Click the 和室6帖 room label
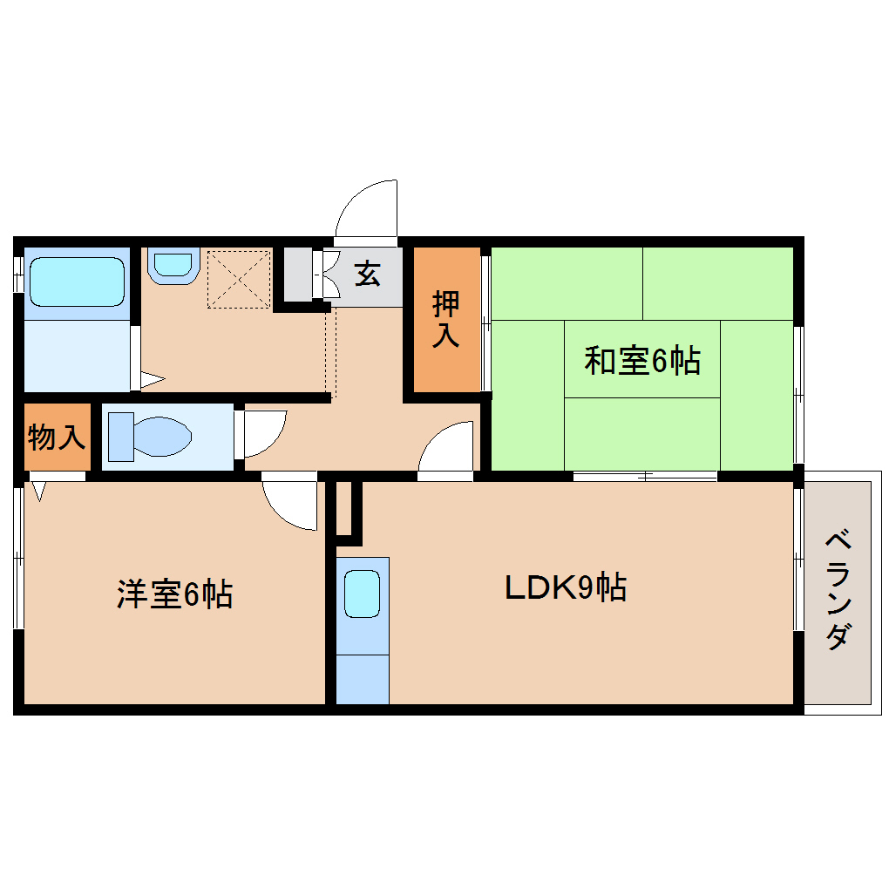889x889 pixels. pyautogui.click(x=641, y=360)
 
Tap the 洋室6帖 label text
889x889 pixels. pyautogui.click(x=174, y=594)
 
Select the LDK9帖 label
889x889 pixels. pyautogui.click(x=566, y=587)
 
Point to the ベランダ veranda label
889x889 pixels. pyautogui.click(x=838, y=590)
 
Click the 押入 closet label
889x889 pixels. pyautogui.click(x=446, y=319)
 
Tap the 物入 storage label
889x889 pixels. pyautogui.click(x=57, y=438)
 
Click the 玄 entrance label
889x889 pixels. pyautogui.click(x=367, y=274)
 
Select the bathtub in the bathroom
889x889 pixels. pyautogui.click(x=77, y=282)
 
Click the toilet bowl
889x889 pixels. pyautogui.click(x=162, y=437)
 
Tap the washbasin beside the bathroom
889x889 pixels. pyautogui.click(x=173, y=265)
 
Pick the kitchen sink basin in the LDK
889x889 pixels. pyautogui.click(x=363, y=594)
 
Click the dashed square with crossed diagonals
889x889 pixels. pyautogui.click(x=239, y=279)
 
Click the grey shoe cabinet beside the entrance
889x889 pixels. pyautogui.click(x=298, y=275)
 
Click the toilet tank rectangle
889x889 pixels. pyautogui.click(x=121, y=437)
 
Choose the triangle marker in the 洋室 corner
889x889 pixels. pyautogui.click(x=38, y=491)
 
